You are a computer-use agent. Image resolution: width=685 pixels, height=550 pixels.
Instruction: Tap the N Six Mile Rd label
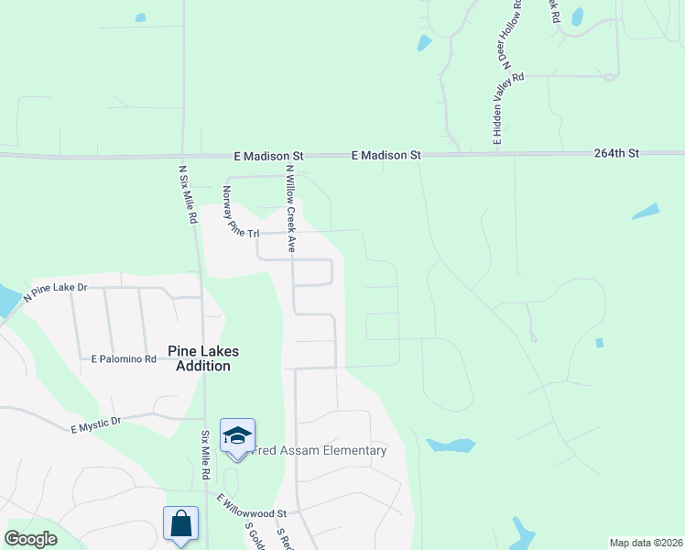(187, 193)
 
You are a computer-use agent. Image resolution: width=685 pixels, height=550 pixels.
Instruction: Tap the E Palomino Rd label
(125, 359)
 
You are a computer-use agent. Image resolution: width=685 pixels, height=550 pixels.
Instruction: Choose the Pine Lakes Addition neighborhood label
(199, 358)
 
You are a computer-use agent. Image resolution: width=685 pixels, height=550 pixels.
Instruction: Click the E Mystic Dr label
(96, 423)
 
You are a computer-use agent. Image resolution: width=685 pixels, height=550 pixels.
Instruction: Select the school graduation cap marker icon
(237, 435)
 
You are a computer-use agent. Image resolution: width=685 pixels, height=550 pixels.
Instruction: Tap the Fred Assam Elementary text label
(321, 450)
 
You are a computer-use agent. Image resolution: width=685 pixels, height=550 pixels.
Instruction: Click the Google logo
(30, 539)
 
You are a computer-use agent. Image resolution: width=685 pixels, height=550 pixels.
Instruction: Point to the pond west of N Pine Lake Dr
(5, 299)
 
